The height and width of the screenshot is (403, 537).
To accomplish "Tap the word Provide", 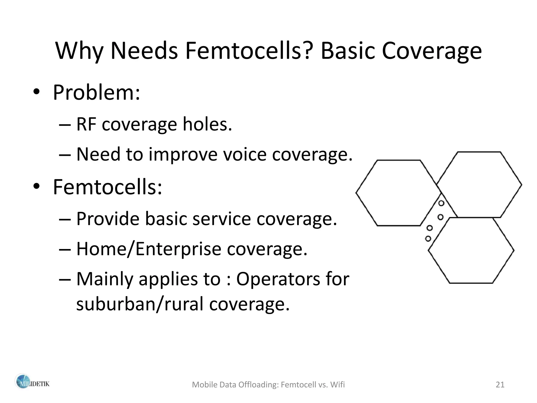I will coord(108,219).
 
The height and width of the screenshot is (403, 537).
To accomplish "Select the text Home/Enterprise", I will coord(149,249).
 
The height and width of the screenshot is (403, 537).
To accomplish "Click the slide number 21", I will coord(500,385).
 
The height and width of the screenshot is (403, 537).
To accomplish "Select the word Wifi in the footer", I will coord(337,385).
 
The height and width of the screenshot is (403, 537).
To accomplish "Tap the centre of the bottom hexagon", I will coord(471,250).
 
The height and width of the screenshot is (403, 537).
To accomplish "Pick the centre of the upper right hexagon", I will coord(479,185).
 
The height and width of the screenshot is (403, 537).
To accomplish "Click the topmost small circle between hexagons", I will coord(441,203).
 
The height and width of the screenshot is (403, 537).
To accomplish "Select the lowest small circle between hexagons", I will coord(428,238).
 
